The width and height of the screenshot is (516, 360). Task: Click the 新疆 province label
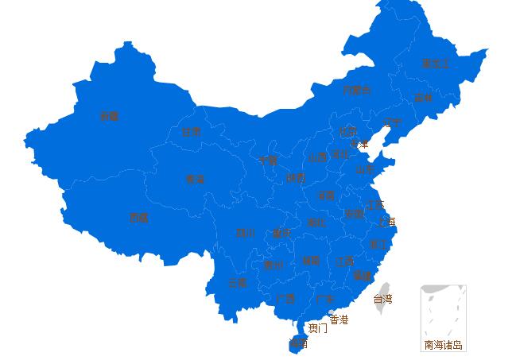tap(109, 116)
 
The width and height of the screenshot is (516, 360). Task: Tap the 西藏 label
tap(138, 218)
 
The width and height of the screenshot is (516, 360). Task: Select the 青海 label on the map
tap(195, 180)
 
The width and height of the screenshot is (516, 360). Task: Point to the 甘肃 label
tap(192, 132)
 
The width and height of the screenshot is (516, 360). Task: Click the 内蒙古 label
tap(356, 90)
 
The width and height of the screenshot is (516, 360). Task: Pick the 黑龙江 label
tap(435, 64)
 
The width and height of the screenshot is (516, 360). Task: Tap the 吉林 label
tap(423, 99)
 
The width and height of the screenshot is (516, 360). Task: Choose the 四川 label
tap(245, 234)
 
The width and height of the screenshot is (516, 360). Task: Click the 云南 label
tap(237, 282)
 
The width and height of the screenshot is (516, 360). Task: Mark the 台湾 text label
tap(382, 300)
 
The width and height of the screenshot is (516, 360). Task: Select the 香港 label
tap(339, 319)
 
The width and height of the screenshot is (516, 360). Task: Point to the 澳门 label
tap(317, 328)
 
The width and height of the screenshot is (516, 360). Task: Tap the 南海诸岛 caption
tap(443, 345)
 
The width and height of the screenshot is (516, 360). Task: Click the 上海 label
tap(386, 222)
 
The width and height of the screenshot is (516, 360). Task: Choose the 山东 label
tap(365, 169)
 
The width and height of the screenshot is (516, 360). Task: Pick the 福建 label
tap(362, 276)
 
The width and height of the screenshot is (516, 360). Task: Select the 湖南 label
tap(311, 261)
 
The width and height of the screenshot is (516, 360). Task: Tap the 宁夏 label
tap(268, 161)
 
